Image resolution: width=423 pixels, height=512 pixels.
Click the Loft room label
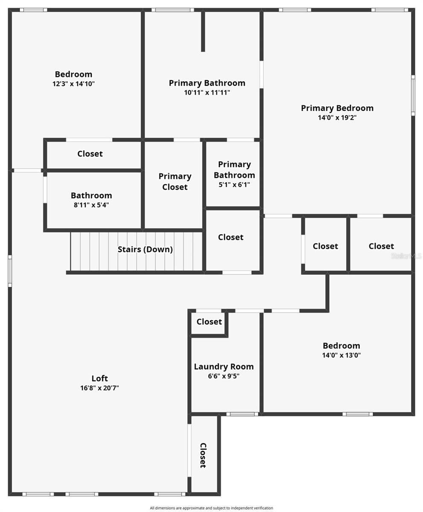[99, 378]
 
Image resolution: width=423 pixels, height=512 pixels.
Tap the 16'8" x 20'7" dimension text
[99, 388]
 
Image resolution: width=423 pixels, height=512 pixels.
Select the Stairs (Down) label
[145, 249]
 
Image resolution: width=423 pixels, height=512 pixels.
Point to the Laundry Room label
[223, 366]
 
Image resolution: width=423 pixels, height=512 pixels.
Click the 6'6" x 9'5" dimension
[223, 376]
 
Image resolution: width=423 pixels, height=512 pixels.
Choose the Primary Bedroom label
[337, 108]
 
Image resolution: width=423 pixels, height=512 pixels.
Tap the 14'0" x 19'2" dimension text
[337, 118]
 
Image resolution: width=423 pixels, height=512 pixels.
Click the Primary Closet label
[175, 181]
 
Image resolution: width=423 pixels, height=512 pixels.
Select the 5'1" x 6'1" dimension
[234, 185]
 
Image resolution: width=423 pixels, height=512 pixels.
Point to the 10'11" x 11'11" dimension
[207, 93]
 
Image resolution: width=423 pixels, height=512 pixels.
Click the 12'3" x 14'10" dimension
[73, 84]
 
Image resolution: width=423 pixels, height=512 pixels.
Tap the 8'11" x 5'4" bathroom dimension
[91, 205]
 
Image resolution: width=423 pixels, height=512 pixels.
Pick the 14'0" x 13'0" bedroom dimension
[341, 355]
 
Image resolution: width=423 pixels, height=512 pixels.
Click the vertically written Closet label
[203, 455]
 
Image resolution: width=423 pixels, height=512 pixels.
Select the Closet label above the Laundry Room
[209, 321]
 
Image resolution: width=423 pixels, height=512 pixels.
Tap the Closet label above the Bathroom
[90, 154]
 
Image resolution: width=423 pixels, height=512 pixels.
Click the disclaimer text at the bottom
[211, 508]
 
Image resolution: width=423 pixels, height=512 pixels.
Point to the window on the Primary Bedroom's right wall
[413, 95]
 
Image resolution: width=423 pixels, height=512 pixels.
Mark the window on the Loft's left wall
[10, 271]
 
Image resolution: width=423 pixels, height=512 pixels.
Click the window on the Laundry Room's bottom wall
[242, 414]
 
